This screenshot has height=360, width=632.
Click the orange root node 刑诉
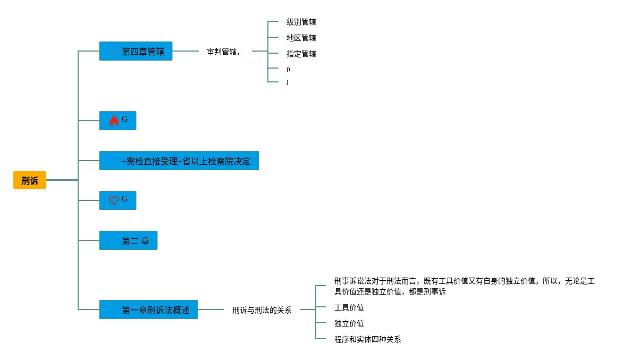30,180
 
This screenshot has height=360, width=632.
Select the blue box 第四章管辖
136,52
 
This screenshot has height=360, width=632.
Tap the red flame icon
114,121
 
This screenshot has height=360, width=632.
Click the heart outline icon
114,200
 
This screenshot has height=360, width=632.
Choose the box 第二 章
128,240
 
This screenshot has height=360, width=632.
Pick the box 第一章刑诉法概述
148,309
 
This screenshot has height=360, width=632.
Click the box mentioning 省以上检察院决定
179,161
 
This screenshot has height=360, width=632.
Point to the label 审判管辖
223,52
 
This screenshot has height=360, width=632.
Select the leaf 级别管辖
301,22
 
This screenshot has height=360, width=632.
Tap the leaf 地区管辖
301,38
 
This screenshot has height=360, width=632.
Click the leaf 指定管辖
301,54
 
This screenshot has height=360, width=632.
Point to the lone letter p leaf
288,69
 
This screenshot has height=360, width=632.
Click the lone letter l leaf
288,82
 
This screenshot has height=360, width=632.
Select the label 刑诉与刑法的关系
262,310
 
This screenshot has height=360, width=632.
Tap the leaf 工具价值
349,307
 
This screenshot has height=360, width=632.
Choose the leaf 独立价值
349,323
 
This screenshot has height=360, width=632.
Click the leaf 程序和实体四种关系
368,339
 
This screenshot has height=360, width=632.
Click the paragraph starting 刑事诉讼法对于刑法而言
464,286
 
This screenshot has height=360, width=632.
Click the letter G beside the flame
125,120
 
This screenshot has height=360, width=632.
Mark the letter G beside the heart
125,199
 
